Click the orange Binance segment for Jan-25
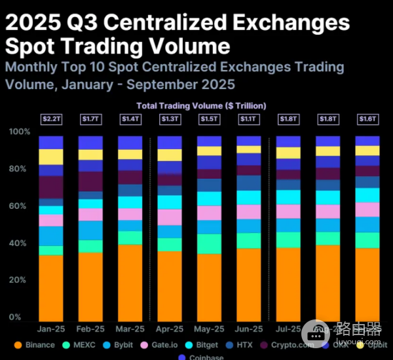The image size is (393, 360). click(51, 288)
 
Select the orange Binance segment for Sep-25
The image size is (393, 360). click(367, 285)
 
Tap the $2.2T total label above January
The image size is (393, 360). click(51, 119)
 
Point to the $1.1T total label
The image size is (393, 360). click(249, 119)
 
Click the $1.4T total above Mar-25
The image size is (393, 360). click(130, 119)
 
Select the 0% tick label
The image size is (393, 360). click(15, 317)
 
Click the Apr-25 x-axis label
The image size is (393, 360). click(170, 329)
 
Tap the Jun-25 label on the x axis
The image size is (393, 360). click(249, 329)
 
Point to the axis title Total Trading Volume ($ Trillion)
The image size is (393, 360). click(201, 105)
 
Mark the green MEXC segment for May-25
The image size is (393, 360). click(209, 243)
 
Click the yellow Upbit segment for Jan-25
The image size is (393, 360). click(51, 156)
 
